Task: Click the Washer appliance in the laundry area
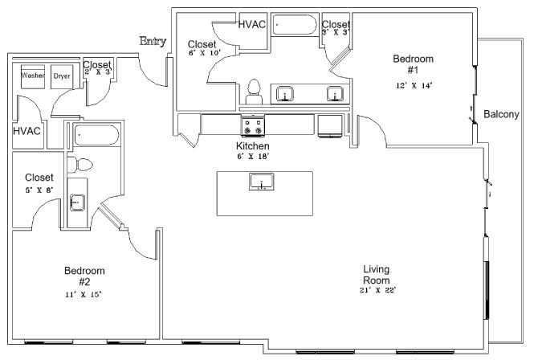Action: [33, 76]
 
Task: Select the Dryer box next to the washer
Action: [62, 76]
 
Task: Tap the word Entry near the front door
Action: [153, 41]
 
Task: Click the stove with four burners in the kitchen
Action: [254, 126]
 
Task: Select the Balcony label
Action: [501, 115]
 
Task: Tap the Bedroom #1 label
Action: [413, 64]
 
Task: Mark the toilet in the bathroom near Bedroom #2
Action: [82, 165]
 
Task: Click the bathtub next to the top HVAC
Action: [295, 25]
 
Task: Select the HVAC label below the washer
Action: [27, 130]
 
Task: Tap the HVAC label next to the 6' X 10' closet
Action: [253, 24]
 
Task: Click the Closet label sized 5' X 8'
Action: [39, 177]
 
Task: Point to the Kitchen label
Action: [252, 147]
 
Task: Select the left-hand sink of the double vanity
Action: [285, 95]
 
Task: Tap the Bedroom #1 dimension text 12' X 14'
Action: [413, 85]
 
